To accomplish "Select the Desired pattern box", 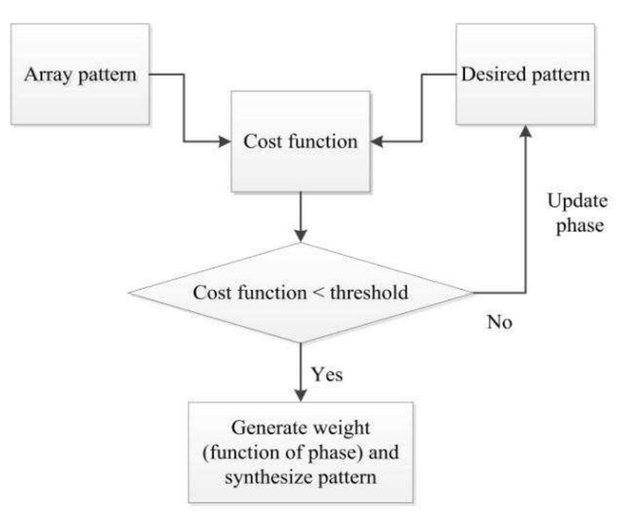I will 525,74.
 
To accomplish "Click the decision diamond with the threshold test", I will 301,293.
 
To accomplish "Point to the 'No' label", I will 499,322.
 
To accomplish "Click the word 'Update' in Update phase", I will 577,201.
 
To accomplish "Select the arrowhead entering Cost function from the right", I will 377,142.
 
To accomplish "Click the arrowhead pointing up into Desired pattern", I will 525,132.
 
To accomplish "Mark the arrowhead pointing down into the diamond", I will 301,236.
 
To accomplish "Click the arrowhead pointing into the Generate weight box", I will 301,395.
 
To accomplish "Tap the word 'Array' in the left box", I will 44,75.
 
